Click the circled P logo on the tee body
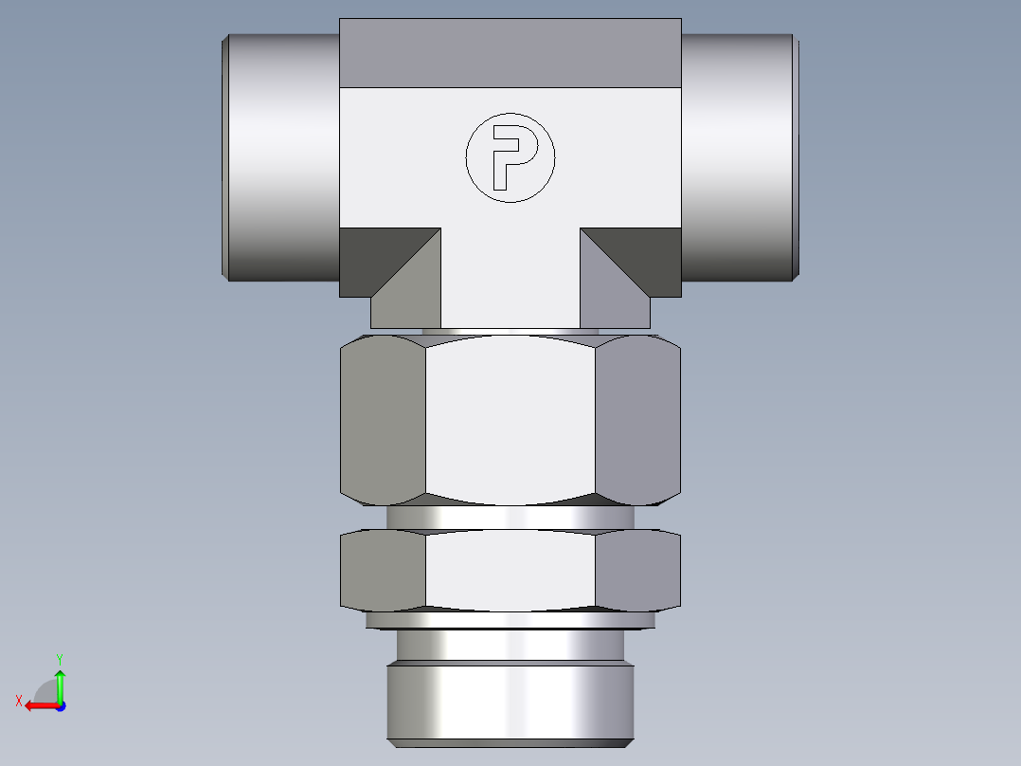coord(510,158)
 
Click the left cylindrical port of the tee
coord(282,157)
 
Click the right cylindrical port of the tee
coord(737,157)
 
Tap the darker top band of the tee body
coord(510,52)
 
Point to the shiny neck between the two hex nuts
coord(510,518)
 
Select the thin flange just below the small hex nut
coord(510,620)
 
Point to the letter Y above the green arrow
coord(59,658)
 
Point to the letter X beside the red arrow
coord(18,701)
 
